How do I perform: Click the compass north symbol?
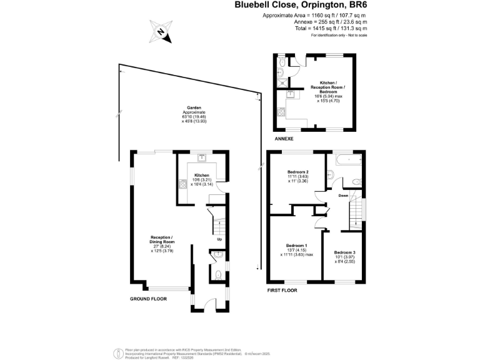(x=161, y=31)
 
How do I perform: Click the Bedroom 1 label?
(x=296, y=246)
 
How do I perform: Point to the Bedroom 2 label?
(x=298, y=172)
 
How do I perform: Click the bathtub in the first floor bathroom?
(x=347, y=160)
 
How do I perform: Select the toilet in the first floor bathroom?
(x=356, y=182)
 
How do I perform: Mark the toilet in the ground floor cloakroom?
(x=216, y=276)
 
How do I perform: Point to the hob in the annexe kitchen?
(x=281, y=114)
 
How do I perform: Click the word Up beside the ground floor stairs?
(x=219, y=239)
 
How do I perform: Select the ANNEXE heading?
(x=284, y=139)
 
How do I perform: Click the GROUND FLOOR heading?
(x=148, y=299)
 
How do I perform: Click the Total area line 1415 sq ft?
(x=331, y=28)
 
